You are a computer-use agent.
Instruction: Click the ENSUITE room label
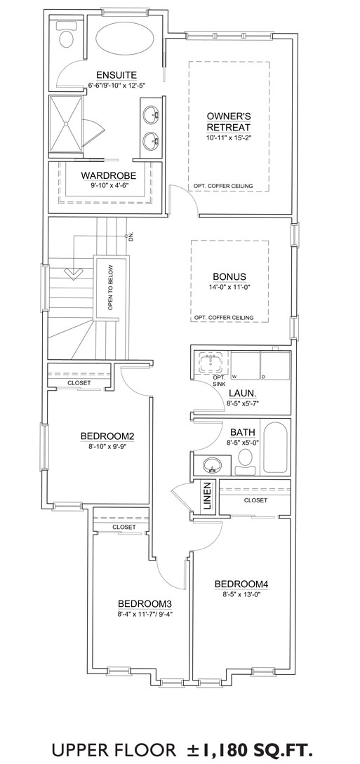tap(116, 74)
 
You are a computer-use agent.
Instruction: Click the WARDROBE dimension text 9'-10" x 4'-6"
tap(108, 185)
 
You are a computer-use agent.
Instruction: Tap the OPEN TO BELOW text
tap(111, 288)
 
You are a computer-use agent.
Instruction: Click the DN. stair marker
tap(131, 237)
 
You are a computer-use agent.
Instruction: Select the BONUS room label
tap(229, 276)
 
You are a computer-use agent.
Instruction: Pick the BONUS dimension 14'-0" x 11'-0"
tap(229, 287)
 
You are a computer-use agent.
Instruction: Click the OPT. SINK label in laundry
tap(220, 381)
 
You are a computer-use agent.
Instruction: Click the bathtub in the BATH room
tap(276, 448)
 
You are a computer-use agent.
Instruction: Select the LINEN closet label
tap(207, 497)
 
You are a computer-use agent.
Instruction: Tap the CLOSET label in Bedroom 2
tap(79, 383)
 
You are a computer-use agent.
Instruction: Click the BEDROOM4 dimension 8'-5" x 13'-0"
tap(241, 594)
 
